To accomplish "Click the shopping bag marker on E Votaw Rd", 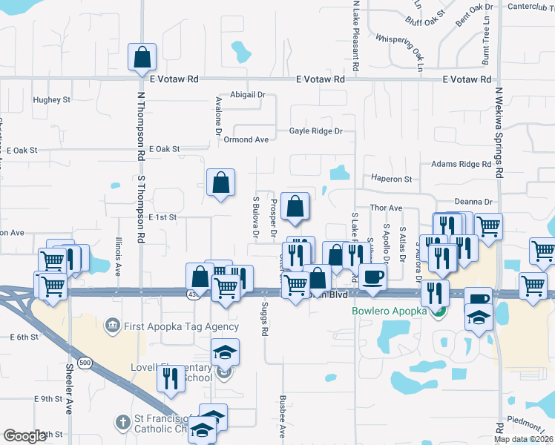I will (141, 58).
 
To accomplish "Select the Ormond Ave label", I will (246, 139).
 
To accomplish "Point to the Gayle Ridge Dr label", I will (316, 131).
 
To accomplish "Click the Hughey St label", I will (52, 99).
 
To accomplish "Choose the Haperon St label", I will (392, 179).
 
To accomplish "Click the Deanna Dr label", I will (473, 202).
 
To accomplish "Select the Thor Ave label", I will (387, 208).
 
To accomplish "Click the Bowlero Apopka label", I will (390, 311).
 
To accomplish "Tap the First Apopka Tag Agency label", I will (182, 326).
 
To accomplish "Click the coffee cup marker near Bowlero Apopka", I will (373, 277).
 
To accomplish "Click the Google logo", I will (24, 436).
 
